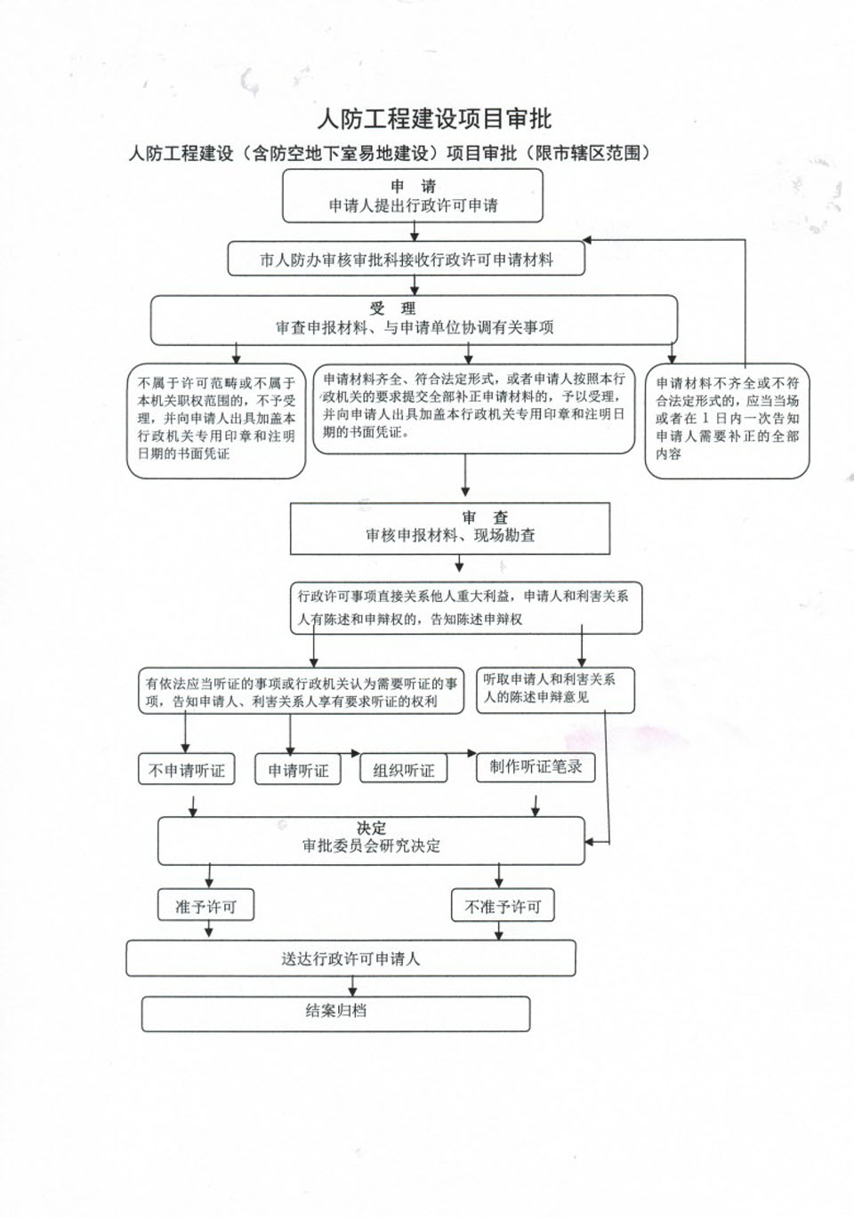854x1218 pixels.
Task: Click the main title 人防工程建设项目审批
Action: (x=435, y=119)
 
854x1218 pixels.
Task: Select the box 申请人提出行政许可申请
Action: (x=412, y=196)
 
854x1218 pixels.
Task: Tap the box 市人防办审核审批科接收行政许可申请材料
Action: (x=407, y=259)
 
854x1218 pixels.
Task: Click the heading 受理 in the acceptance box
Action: (x=392, y=309)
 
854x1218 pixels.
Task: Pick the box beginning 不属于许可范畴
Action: (x=216, y=421)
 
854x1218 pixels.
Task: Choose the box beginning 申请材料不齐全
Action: (x=727, y=421)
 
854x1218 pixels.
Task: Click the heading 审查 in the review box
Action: (x=485, y=517)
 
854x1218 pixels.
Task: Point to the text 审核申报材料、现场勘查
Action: (x=450, y=535)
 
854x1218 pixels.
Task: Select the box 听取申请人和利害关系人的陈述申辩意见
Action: (x=555, y=690)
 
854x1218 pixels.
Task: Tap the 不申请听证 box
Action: (x=187, y=769)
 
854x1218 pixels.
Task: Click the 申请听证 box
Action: (x=298, y=769)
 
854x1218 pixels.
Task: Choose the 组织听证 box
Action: (x=404, y=768)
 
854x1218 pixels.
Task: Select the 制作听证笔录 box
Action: (x=536, y=767)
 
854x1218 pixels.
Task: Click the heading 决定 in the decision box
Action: (x=372, y=828)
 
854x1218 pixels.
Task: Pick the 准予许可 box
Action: (x=205, y=905)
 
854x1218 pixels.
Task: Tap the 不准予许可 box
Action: (x=503, y=905)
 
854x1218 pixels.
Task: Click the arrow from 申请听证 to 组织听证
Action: (x=350, y=754)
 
